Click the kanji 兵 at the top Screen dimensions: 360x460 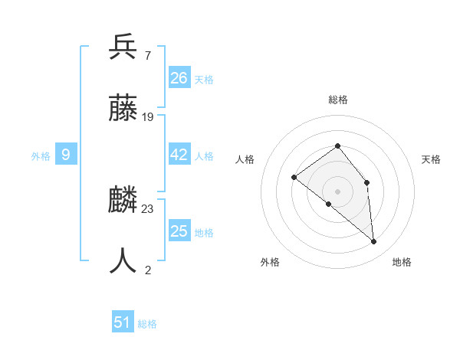point(123,47)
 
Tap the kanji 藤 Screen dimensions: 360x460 point(123,110)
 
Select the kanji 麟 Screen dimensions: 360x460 point(123,201)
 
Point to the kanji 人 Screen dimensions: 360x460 point(123,261)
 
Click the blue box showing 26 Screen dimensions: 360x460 point(179,77)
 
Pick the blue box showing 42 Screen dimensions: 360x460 point(179,155)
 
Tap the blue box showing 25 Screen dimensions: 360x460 point(179,231)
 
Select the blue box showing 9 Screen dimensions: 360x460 point(66,155)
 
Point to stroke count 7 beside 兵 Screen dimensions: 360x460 point(147,56)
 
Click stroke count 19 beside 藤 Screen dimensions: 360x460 point(148,117)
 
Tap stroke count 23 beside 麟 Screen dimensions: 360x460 point(148,208)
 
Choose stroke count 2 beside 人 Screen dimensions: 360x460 point(147,269)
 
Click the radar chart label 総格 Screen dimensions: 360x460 point(337,100)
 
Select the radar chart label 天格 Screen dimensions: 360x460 point(432,159)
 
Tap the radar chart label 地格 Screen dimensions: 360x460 point(402,262)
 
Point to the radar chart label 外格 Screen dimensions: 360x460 point(270,262)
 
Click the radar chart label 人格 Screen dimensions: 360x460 point(245,159)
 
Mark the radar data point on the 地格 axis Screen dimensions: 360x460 point(374,242)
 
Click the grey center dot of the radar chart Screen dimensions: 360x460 point(337,191)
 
